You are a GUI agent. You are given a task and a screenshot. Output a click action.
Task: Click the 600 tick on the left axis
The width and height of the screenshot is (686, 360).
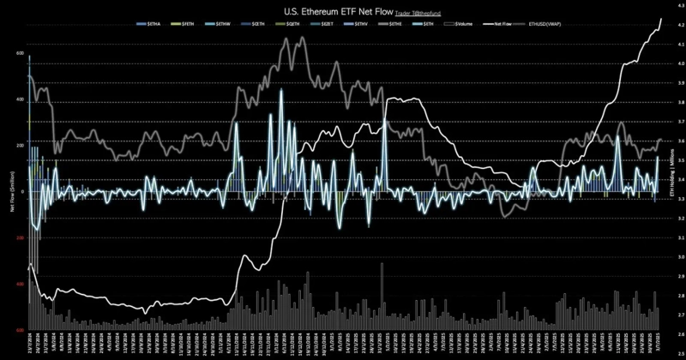[x=19, y=53]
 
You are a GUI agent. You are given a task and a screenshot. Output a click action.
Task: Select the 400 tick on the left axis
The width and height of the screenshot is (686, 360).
[x=19, y=99]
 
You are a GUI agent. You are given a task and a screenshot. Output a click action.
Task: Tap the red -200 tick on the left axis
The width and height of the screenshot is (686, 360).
[x=18, y=238]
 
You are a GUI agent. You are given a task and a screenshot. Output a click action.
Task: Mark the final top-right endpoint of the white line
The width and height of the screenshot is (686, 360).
[x=661, y=18]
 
